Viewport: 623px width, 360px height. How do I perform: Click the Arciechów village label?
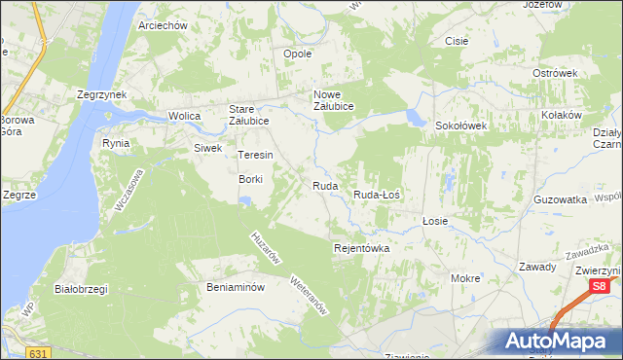coord(163,25)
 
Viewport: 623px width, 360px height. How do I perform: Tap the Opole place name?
coord(297,54)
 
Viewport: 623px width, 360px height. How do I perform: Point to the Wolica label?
coord(184,116)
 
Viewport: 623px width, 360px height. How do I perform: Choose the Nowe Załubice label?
coord(333,100)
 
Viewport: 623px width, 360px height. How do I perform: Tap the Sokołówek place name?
coord(460,126)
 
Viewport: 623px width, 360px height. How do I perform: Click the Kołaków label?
coord(562,114)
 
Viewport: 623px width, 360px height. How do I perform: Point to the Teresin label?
coord(255,155)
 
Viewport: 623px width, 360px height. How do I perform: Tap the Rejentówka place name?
coord(361,248)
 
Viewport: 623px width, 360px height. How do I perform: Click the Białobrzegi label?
coord(81,288)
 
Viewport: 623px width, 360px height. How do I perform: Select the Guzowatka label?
coord(561,198)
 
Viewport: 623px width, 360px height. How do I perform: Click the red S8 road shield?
coord(601,286)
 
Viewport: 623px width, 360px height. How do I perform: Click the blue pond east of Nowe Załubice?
coord(416,118)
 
